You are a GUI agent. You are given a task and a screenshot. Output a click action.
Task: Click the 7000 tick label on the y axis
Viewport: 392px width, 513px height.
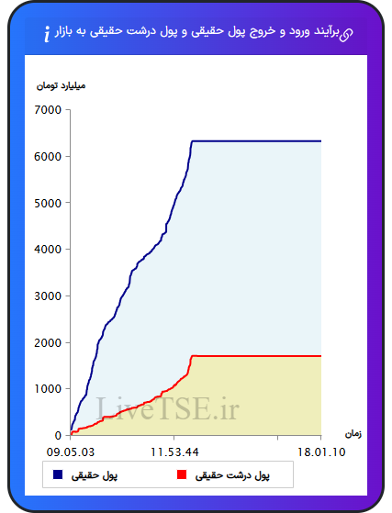48,110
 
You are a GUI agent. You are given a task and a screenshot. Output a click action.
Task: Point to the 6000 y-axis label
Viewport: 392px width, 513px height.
48,156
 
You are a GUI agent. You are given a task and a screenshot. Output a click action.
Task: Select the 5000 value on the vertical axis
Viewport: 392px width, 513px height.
48,203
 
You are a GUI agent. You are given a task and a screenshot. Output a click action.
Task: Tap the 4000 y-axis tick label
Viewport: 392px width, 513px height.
48,250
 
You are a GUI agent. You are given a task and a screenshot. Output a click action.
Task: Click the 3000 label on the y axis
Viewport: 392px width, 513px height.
48,296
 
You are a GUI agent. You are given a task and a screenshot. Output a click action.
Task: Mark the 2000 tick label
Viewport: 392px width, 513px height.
48,343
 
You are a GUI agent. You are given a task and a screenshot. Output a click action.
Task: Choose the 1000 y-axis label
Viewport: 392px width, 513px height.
48,389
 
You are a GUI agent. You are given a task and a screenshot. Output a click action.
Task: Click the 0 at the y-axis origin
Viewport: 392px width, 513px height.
58,436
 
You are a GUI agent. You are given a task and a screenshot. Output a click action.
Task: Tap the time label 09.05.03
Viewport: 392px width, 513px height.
71,452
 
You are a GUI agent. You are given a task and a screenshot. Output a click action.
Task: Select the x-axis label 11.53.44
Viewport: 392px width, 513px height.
174,452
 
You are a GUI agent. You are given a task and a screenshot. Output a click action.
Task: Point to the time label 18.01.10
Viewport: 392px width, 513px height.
321,452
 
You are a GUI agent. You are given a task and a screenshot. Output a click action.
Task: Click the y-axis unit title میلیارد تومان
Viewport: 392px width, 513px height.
61,85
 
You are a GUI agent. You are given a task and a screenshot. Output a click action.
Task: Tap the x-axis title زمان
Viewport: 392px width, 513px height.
353,434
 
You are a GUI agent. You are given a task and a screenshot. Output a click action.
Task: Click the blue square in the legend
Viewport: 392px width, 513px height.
58,474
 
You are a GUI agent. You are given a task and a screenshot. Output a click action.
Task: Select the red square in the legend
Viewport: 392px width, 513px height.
182,474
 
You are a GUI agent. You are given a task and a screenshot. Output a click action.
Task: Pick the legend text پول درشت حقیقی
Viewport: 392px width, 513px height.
232,475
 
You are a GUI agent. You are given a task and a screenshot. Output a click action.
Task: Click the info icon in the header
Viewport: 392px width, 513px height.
47,34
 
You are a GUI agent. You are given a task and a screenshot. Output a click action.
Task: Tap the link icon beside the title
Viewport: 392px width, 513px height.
346,35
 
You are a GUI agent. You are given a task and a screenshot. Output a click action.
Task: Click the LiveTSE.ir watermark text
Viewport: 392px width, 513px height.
167,408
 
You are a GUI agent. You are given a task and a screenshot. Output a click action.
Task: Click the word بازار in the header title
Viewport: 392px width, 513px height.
63,32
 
